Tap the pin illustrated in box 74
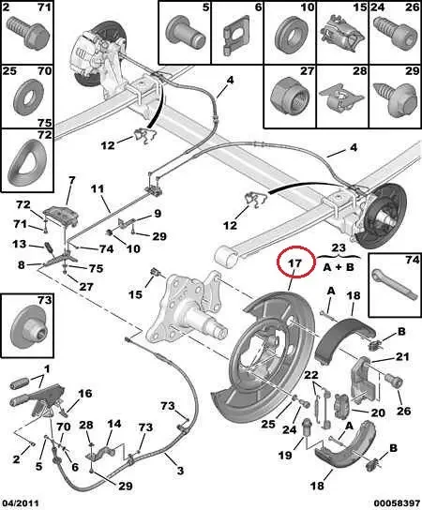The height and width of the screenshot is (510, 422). pos(392,281)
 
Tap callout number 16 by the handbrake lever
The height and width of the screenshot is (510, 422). pos(84,394)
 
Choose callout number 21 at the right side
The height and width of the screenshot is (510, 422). pos(402,357)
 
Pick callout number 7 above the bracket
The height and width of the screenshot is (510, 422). pos(69,180)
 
